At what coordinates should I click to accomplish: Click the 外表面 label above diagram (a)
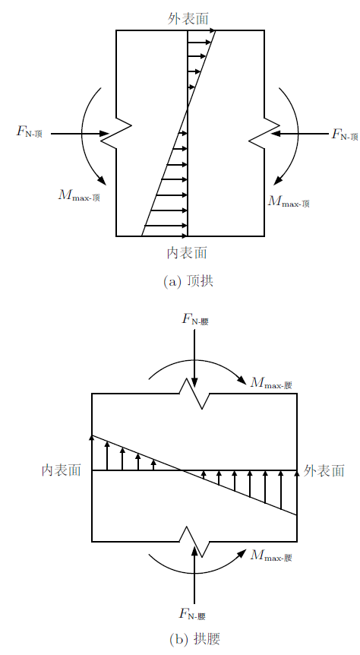click(x=188, y=18)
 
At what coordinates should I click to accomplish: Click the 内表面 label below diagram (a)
click(x=187, y=252)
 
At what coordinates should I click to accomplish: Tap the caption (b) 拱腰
click(x=194, y=639)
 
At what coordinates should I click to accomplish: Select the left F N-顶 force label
click(x=29, y=132)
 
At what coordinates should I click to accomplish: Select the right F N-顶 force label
click(x=345, y=134)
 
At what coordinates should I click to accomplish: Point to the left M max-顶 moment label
click(x=79, y=195)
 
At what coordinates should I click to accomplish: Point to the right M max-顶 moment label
click(x=289, y=201)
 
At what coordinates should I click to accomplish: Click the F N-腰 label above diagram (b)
click(x=195, y=320)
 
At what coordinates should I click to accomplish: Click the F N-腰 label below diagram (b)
click(x=192, y=614)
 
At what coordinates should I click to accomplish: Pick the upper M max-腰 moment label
click(x=271, y=383)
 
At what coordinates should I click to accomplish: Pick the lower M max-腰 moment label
click(x=271, y=555)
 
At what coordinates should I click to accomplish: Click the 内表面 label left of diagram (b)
click(x=61, y=470)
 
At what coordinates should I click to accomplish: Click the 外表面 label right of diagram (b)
click(x=324, y=471)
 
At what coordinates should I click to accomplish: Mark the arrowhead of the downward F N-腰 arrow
click(x=194, y=383)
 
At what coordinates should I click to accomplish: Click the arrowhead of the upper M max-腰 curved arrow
click(x=242, y=380)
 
